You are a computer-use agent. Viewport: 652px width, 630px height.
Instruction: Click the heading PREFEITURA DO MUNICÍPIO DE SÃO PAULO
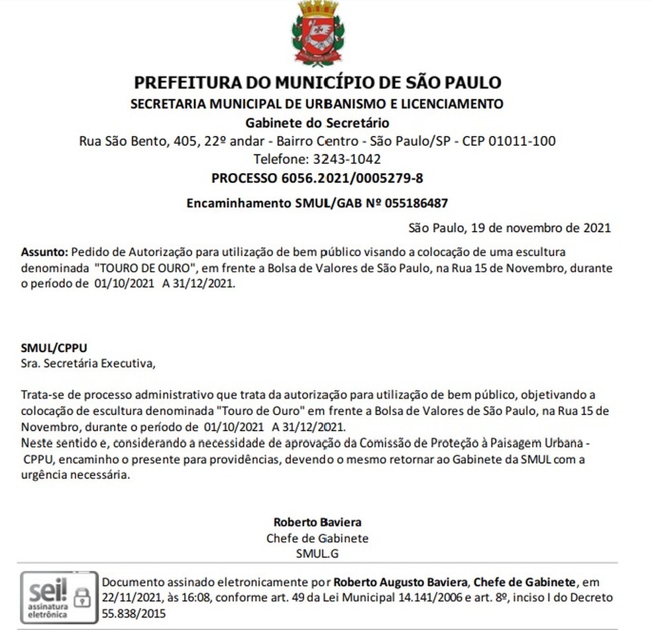click(317, 83)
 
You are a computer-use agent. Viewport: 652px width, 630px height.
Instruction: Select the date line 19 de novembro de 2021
click(539, 228)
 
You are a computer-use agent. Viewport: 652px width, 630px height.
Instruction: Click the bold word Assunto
click(43, 253)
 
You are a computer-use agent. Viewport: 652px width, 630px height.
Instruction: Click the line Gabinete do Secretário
click(317, 123)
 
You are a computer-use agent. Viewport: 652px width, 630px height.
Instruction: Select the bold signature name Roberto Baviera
click(317, 523)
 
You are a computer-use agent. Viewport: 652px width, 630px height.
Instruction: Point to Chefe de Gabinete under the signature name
click(317, 538)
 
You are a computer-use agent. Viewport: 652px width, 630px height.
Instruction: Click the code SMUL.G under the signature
click(317, 552)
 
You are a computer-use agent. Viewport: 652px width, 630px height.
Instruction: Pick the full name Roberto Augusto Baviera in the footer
click(401, 582)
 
